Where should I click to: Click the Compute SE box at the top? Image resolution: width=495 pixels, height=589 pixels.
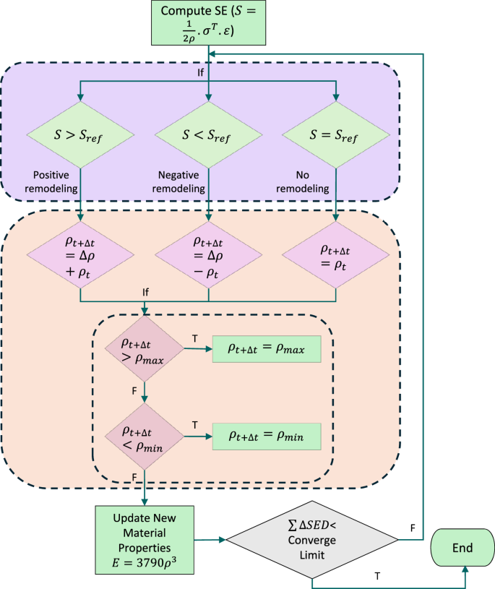209,22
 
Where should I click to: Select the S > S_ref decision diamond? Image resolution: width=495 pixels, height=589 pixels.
80,135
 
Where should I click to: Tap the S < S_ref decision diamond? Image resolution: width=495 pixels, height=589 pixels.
209,135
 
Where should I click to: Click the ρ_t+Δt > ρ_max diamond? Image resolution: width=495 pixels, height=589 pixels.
145,348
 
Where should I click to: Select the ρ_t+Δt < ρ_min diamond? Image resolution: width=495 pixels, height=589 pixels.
145,436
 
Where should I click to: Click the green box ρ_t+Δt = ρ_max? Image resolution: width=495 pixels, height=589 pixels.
266,349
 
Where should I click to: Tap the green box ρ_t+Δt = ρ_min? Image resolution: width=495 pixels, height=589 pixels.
266,436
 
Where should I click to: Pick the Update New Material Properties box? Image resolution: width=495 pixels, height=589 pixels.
145,538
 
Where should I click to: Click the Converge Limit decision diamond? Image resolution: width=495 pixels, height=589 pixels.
312,538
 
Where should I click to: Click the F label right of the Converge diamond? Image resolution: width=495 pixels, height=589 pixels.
412,529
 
